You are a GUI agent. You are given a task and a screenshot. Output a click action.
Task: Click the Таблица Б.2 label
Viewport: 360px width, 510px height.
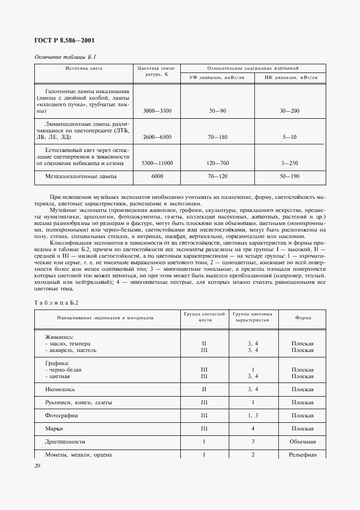click(57, 302)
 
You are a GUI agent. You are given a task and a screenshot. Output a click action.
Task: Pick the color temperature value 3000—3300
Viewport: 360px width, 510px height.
click(157, 111)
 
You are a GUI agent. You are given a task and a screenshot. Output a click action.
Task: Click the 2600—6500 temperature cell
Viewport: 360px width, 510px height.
click(157, 137)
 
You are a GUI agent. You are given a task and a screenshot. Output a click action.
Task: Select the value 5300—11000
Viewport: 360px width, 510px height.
click(157, 163)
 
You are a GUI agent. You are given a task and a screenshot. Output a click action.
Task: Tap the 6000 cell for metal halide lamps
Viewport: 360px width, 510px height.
click(157, 177)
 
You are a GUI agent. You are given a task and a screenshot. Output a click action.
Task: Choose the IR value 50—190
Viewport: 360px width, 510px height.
click(290, 177)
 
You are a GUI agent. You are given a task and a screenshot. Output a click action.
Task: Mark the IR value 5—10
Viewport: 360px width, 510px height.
click(290, 137)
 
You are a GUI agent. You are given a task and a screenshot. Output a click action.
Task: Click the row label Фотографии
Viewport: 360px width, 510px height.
click(62, 415)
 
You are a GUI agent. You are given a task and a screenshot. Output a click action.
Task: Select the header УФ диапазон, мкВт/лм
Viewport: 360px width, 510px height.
click(217, 78)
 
